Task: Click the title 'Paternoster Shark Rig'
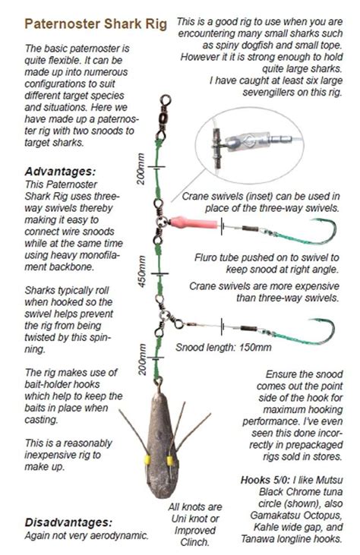click(96, 24)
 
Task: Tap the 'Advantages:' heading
click(60, 172)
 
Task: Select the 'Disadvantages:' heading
click(68, 522)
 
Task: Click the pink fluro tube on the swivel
click(193, 223)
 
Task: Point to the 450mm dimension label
click(141, 272)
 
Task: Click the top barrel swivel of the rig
click(164, 117)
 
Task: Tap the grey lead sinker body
click(163, 445)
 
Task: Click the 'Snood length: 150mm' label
click(223, 347)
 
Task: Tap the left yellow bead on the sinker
click(147, 460)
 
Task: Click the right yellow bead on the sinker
click(170, 461)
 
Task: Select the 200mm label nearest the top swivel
click(141, 169)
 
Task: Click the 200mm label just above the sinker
click(141, 359)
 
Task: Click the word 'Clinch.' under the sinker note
click(194, 542)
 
